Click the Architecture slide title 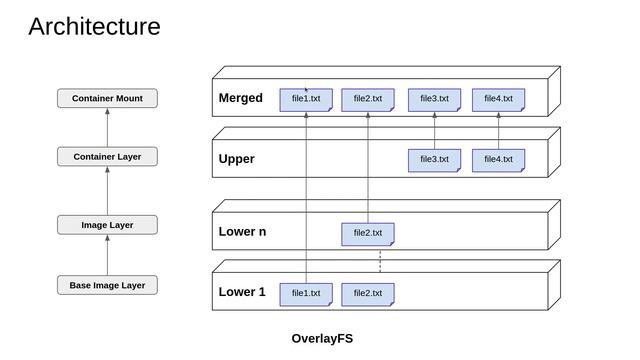[94, 27]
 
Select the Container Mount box [107, 98]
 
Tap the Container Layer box [107, 157]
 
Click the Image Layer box [107, 225]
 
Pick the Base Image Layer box [107, 285]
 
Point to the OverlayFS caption [322, 338]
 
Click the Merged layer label [241, 98]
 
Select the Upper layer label [237, 159]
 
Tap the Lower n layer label [242, 232]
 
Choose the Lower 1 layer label [242, 293]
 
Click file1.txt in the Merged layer [306, 99]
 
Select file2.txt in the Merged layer [368, 99]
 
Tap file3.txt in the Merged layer [434, 99]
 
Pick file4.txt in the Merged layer [498, 99]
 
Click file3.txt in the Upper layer [434, 159]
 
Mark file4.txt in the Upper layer [498, 159]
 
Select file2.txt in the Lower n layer [368, 233]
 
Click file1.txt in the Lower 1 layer [306, 293]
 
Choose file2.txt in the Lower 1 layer [368, 293]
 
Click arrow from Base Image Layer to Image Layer [107, 255]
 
